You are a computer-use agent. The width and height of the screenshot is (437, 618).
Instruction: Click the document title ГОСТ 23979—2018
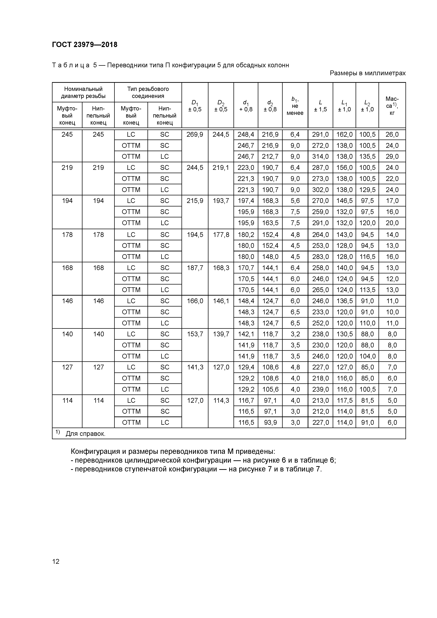coord(85,45)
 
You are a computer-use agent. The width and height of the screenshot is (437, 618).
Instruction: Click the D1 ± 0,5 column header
coord(195,106)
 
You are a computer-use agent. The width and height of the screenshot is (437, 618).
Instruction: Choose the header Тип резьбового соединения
coord(148,92)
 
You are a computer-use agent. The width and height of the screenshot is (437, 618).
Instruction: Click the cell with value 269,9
coord(195,134)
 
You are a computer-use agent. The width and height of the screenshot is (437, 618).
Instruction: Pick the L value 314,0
coord(320,156)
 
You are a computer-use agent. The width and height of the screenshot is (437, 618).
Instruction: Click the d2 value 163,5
coord(270,223)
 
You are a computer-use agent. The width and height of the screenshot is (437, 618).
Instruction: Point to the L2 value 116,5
coord(367,257)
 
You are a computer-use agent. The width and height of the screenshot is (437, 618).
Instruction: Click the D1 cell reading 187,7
coord(195,268)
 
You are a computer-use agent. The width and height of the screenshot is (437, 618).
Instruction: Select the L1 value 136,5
coord(344,301)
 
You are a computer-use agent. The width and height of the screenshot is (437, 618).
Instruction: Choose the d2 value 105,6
coord(270,389)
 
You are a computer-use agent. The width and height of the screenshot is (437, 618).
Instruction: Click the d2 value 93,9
coord(270,422)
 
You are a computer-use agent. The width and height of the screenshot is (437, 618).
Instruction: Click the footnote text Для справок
coord(85,434)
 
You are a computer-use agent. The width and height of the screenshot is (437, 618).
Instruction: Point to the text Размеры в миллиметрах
coord(368,73)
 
